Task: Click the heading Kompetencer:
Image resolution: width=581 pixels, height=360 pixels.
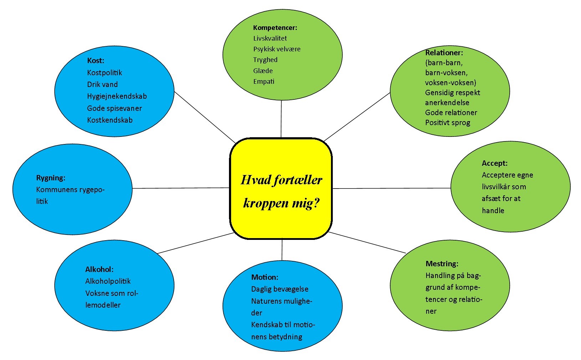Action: pos(275,27)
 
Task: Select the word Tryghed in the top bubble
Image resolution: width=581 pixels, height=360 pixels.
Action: pos(265,60)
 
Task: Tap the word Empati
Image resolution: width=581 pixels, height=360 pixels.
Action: pos(264,82)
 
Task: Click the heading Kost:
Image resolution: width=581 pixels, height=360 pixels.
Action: pos(96,61)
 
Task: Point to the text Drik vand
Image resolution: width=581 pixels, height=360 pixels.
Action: pos(102,84)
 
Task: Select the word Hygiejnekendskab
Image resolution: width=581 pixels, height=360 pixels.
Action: pos(117,96)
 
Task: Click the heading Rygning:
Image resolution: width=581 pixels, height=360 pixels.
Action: pos(51,178)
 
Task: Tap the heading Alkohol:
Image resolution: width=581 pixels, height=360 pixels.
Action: pos(99,269)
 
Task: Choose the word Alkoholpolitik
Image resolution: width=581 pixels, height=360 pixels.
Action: pos(108,281)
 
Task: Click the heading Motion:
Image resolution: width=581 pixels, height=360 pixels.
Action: pos(265,277)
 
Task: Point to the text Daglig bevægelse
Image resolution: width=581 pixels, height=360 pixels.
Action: pos(280,289)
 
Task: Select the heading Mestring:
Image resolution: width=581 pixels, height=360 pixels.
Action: pos(442,264)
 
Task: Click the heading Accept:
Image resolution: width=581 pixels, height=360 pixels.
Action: pos(494,163)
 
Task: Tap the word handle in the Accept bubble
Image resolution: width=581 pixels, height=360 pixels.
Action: pos(493,211)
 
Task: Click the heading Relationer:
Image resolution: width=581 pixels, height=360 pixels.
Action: pos(444,53)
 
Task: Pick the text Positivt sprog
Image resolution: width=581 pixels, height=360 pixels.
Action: pos(448,123)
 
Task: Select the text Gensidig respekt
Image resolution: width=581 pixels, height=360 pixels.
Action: pos(453,93)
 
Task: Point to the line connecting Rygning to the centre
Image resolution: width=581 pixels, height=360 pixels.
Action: pos(180,188)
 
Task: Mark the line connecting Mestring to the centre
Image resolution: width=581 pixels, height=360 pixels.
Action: pos(367,243)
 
